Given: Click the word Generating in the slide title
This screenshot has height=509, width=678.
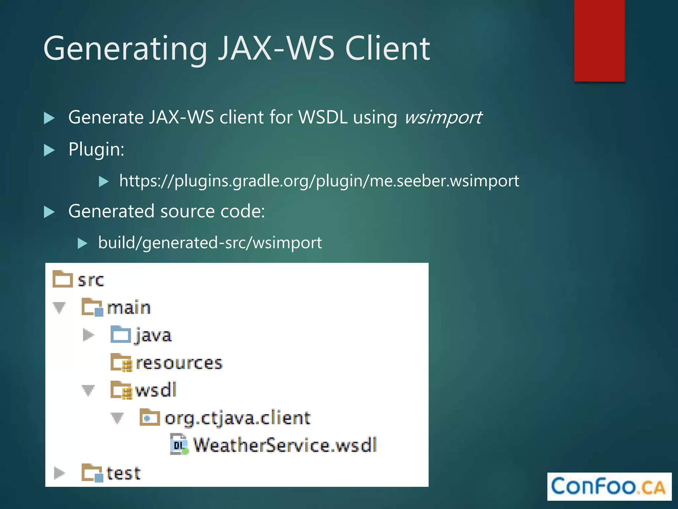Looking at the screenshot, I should click(x=125, y=49).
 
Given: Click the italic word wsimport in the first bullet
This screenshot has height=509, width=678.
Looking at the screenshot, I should click(x=443, y=117).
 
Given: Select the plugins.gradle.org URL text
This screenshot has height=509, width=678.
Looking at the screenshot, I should click(x=319, y=181).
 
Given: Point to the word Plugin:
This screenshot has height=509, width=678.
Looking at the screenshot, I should click(x=96, y=149).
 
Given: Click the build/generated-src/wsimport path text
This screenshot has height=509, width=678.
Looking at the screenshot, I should click(x=210, y=243).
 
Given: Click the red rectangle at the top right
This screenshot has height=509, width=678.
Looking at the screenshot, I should click(x=599, y=40).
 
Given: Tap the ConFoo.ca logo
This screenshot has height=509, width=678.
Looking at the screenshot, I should click(x=609, y=486).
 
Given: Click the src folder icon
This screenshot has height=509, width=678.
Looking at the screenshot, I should click(x=62, y=279).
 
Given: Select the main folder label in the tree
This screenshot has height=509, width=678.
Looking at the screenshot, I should click(x=129, y=308).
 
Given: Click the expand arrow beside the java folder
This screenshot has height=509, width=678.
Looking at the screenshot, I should click(x=88, y=335).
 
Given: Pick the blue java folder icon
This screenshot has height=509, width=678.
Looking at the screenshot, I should click(x=121, y=334).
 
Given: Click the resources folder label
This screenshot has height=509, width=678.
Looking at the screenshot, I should click(x=179, y=363).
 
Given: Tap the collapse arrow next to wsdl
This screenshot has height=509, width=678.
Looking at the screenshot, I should click(x=88, y=390).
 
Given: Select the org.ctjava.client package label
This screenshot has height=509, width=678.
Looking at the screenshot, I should click(x=237, y=418).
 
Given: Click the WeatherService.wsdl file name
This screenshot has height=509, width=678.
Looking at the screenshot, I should click(x=285, y=445).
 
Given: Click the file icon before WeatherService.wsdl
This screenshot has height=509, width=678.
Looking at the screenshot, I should click(x=179, y=444).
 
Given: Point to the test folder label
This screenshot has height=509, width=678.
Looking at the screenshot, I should click(x=123, y=473).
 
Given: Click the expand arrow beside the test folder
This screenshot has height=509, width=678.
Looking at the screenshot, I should click(x=59, y=473).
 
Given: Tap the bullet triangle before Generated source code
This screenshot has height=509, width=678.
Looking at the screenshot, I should click(x=49, y=212).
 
